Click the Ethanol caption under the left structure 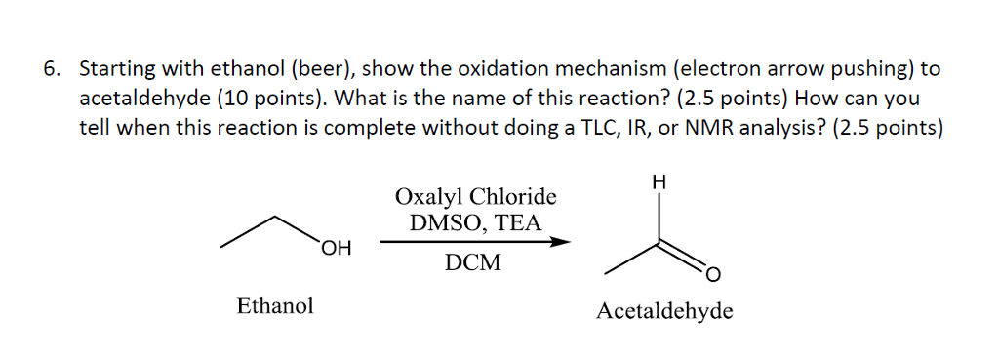[x=275, y=306]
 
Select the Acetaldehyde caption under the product [x=664, y=312]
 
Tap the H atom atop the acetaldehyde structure [x=660, y=181]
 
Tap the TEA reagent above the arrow [x=517, y=222]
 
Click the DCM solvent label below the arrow [x=472, y=262]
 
